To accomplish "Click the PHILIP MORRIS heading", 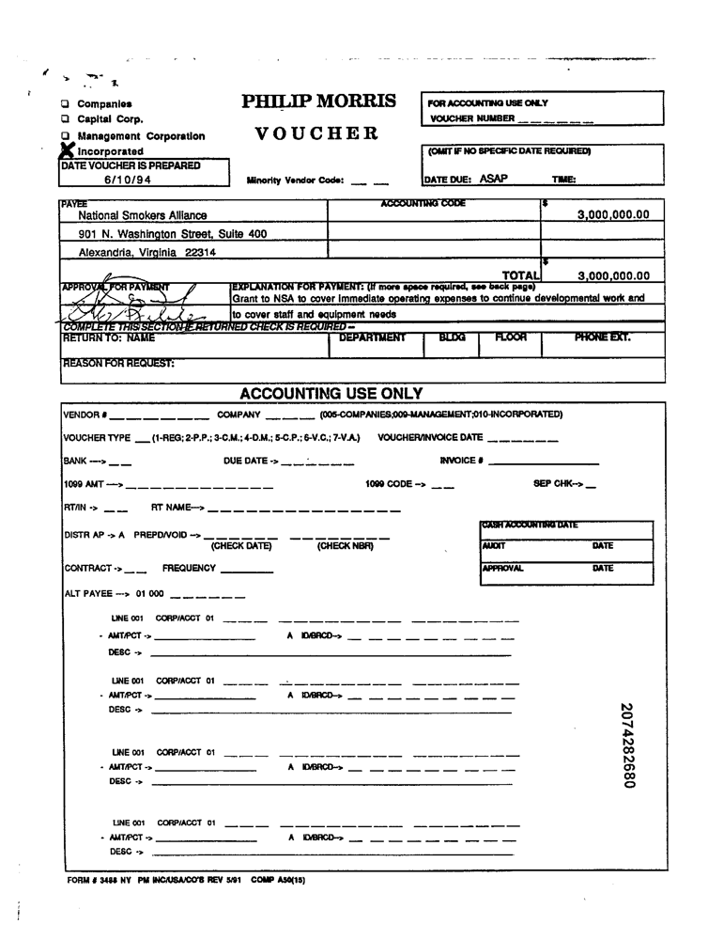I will [318, 102].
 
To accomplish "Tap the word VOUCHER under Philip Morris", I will [316, 133].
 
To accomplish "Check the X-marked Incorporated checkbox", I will [67, 149].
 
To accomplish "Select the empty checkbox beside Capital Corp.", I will [66, 119].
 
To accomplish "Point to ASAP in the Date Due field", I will [493, 179].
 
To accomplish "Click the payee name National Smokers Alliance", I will [143, 215].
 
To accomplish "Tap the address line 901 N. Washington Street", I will [172, 234].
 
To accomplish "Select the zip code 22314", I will [201, 253].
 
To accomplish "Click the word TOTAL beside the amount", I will [520, 275].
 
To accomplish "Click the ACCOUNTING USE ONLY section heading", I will [331, 394].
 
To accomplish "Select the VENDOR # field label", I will [85, 415].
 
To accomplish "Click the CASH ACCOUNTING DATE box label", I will [530, 525].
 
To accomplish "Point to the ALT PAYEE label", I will [92, 594].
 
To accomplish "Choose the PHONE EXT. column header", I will [602, 337].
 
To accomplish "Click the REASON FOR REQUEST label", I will [118, 363].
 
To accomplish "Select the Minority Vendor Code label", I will [295, 180].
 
